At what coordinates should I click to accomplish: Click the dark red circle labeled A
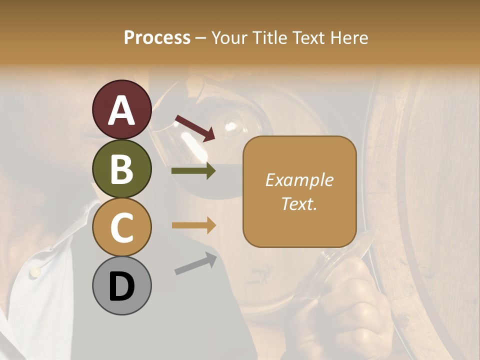[x=121, y=109]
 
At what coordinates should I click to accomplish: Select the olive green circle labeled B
[x=121, y=168]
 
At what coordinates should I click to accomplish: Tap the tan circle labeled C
[x=121, y=227]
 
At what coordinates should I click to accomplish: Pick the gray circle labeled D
[x=121, y=285]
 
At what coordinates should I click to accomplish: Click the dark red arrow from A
[x=195, y=127]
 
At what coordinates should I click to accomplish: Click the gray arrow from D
[x=195, y=263]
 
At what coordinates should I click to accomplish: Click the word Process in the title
[x=157, y=37]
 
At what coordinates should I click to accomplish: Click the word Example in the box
[x=299, y=180]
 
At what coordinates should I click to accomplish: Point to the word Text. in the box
[x=299, y=204]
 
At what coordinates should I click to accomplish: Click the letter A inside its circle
[x=121, y=110]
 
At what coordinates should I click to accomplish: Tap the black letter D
[x=121, y=286]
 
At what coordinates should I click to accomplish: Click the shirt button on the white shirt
[x=35, y=271]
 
